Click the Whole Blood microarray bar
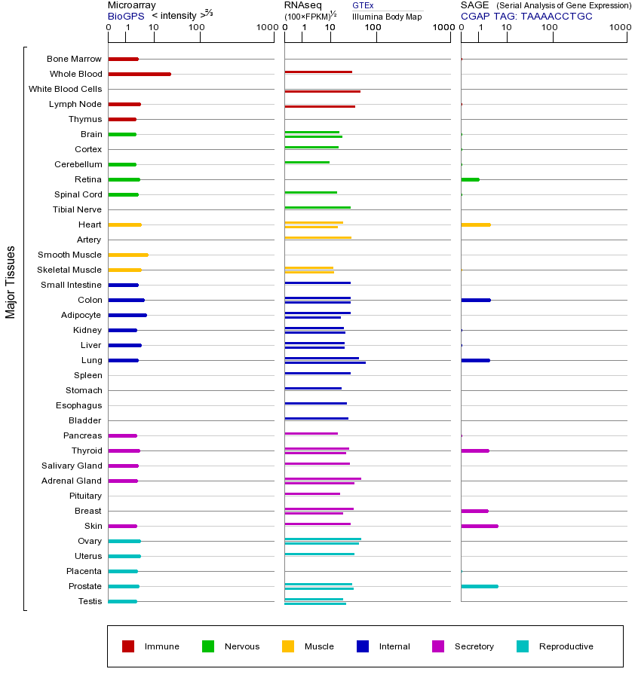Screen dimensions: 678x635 (140, 74)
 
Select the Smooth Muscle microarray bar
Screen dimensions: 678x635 (128, 255)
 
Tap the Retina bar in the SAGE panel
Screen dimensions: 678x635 (470, 179)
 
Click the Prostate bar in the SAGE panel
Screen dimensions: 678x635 (479, 586)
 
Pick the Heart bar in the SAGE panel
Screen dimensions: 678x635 (475, 224)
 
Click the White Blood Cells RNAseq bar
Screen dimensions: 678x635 (322, 91)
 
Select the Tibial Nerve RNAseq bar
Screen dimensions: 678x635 (317, 207)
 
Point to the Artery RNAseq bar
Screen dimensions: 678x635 (317, 237)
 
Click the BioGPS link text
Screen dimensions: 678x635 (126, 16)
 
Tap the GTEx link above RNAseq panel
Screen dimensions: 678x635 (363, 5)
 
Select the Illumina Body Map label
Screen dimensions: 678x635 (387, 17)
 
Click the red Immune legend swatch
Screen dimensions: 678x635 (128, 646)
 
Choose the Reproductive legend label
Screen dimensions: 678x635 (566, 646)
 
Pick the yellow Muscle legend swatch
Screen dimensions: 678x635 (288, 646)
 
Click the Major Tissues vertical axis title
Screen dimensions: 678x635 (11, 282)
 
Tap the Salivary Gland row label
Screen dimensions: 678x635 (72, 466)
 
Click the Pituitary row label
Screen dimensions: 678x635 (85, 496)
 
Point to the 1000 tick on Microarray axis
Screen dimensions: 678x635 (265, 27)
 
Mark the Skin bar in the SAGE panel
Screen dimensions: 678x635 (479, 526)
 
